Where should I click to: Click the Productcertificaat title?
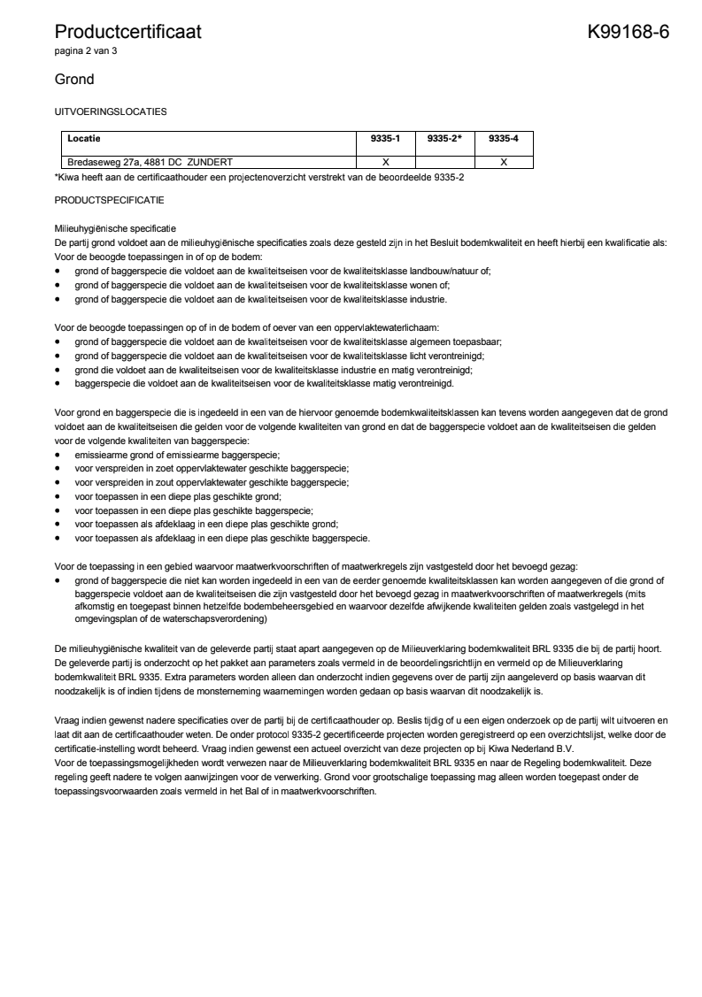127,33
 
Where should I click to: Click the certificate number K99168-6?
628,33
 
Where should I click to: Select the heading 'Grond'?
74,80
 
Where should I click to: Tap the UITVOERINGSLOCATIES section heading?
110,112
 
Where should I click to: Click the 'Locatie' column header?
84,139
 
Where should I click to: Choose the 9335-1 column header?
385,139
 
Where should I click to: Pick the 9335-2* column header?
444,139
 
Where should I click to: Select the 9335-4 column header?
503,139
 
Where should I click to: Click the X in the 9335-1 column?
385,162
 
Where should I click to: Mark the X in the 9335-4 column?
503,162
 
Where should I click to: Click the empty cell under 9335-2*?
444,162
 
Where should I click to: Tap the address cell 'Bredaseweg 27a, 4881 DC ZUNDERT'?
150,162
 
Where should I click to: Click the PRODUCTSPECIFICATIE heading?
109,199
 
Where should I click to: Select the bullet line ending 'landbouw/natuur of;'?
283,272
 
